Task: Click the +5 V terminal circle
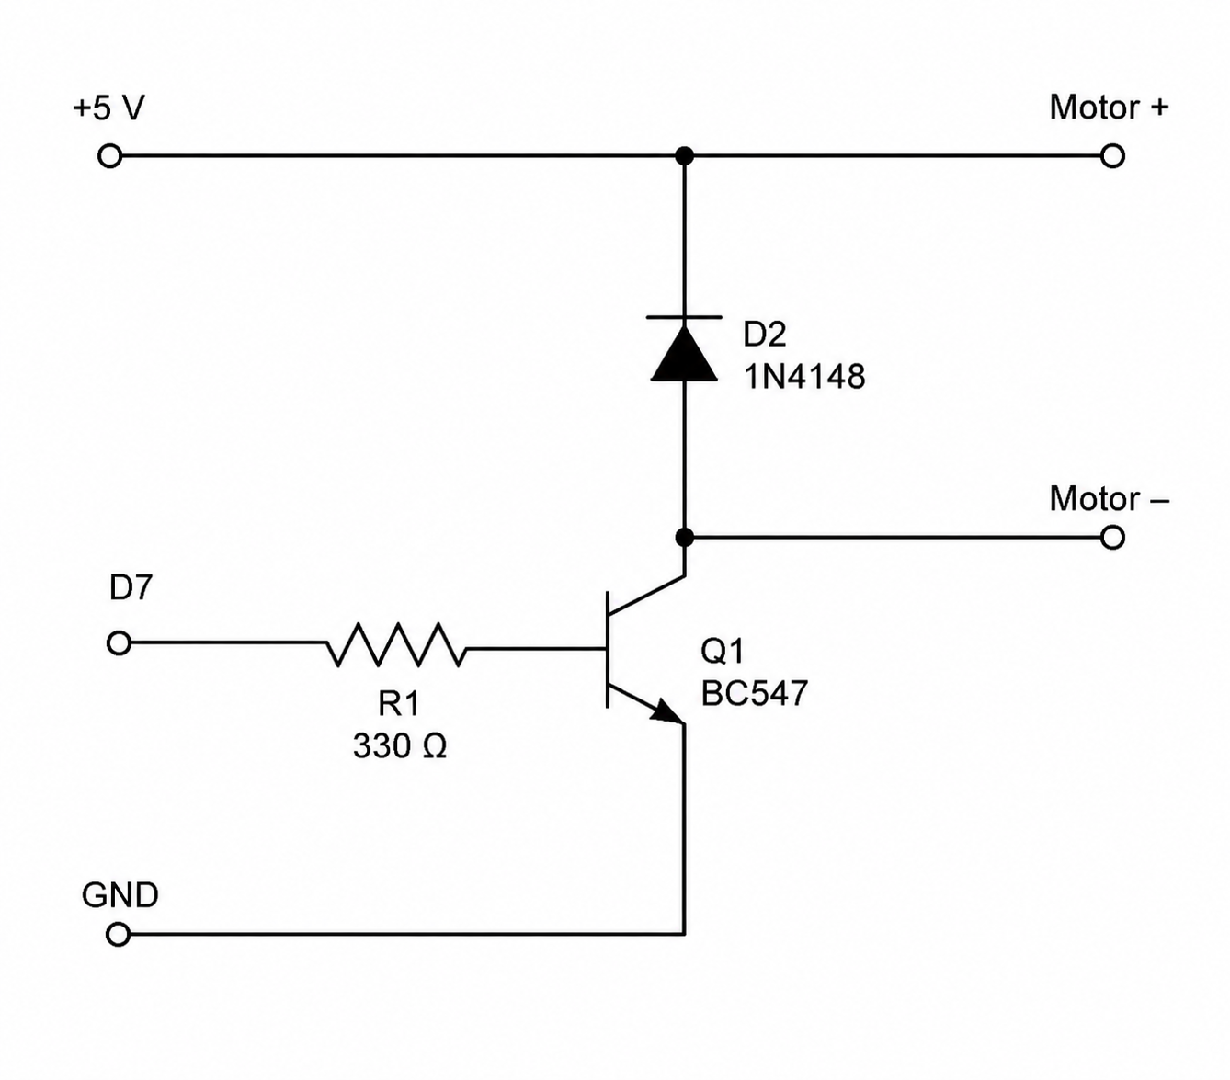(x=109, y=156)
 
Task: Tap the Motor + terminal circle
(x=1112, y=156)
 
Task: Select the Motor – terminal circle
(x=1112, y=538)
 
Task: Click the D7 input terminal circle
(x=119, y=642)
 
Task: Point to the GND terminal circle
(x=118, y=934)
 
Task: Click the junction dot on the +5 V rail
(x=684, y=156)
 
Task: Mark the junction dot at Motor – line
(x=684, y=538)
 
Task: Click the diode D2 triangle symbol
(x=684, y=354)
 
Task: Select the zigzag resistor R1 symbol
(x=396, y=644)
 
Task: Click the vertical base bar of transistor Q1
(x=607, y=650)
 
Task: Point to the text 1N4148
(x=804, y=377)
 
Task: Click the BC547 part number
(x=755, y=693)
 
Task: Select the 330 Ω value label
(x=400, y=745)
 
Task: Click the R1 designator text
(x=399, y=704)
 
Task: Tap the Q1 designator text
(x=723, y=652)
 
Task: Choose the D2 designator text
(x=765, y=334)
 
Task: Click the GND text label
(x=120, y=895)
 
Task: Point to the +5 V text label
(x=109, y=108)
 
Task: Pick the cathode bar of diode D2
(x=684, y=317)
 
